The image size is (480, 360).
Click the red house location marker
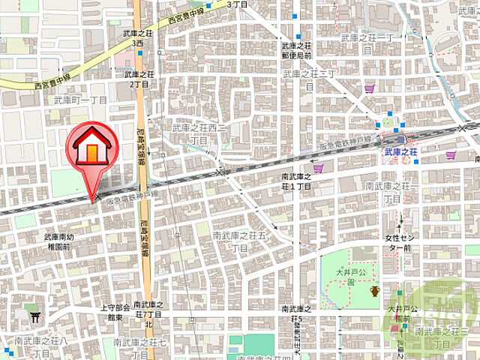(91, 149)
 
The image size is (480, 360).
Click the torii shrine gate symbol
(34, 316)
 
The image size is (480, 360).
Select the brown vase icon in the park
(374, 291)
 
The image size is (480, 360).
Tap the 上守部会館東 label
(115, 312)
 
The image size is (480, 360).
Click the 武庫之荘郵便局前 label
(296, 50)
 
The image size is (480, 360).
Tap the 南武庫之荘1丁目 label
(296, 181)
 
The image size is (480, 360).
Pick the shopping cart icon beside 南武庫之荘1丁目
(319, 169)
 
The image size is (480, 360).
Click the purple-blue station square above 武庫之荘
(401, 139)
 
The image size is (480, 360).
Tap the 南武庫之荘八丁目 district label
(40, 346)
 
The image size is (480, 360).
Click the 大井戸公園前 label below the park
(398, 313)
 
